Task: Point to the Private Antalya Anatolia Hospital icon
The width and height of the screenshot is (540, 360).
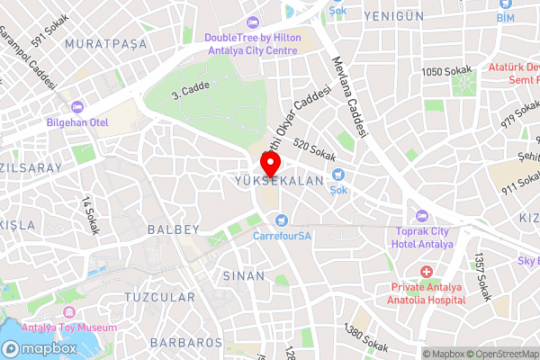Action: point(427,271)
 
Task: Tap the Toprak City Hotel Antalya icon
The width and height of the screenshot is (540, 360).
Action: point(421,216)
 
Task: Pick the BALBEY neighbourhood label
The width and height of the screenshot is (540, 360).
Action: point(171,229)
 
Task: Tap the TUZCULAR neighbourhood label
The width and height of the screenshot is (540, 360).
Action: point(159,297)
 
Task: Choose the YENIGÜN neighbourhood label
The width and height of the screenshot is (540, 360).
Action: point(393,15)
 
